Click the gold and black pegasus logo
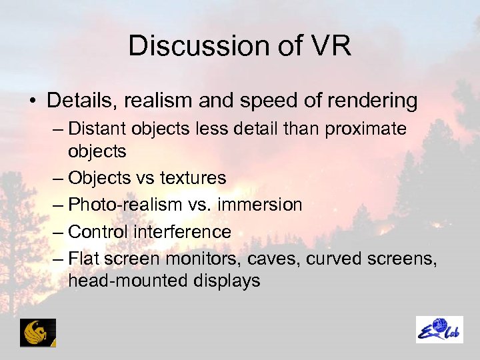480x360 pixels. (37, 332)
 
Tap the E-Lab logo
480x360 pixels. (439, 329)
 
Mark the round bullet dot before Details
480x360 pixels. (33, 101)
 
